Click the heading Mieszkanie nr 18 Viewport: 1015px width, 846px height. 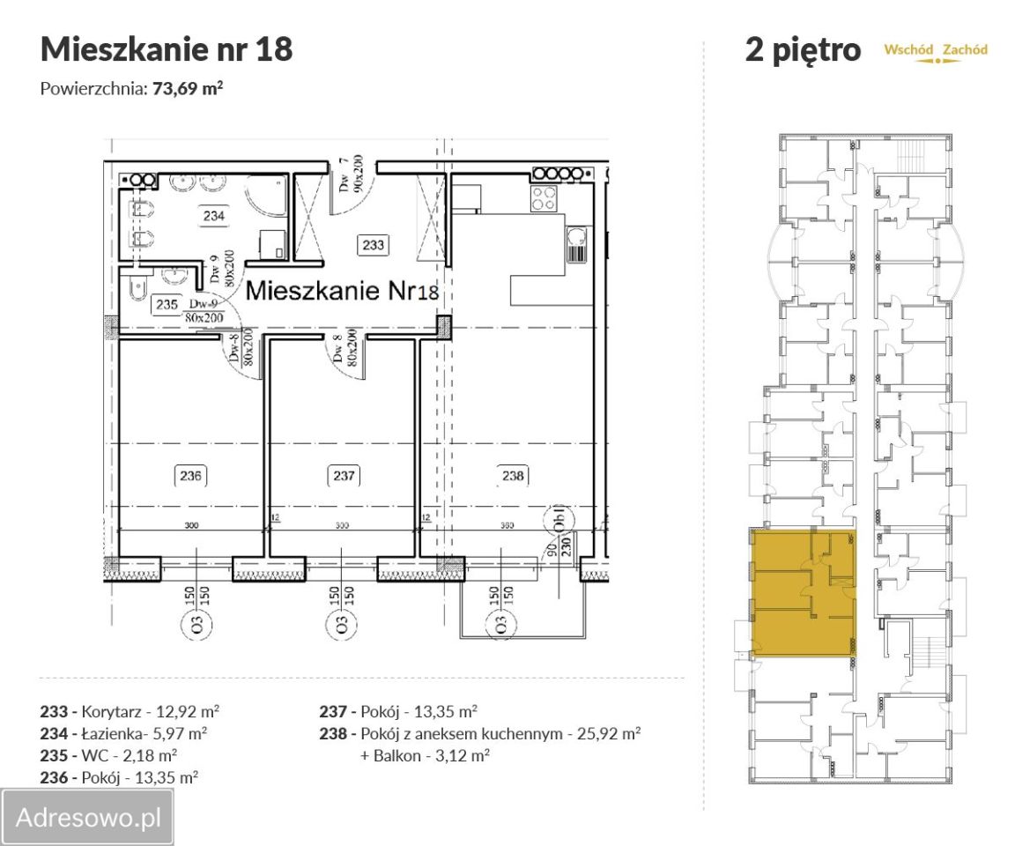(167, 49)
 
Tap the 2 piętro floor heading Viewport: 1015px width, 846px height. (803, 50)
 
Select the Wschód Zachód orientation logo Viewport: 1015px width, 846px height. (936, 52)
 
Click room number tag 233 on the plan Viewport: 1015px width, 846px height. (373, 244)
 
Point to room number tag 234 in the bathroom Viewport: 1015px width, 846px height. (213, 215)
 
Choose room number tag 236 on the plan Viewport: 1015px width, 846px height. (191, 476)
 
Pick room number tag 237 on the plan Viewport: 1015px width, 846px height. (344, 476)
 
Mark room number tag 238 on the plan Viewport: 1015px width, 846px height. (513, 476)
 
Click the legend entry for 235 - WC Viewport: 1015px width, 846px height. (109, 755)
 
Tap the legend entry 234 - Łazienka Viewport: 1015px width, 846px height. (124, 732)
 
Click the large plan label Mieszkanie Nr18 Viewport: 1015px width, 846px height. (341, 292)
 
